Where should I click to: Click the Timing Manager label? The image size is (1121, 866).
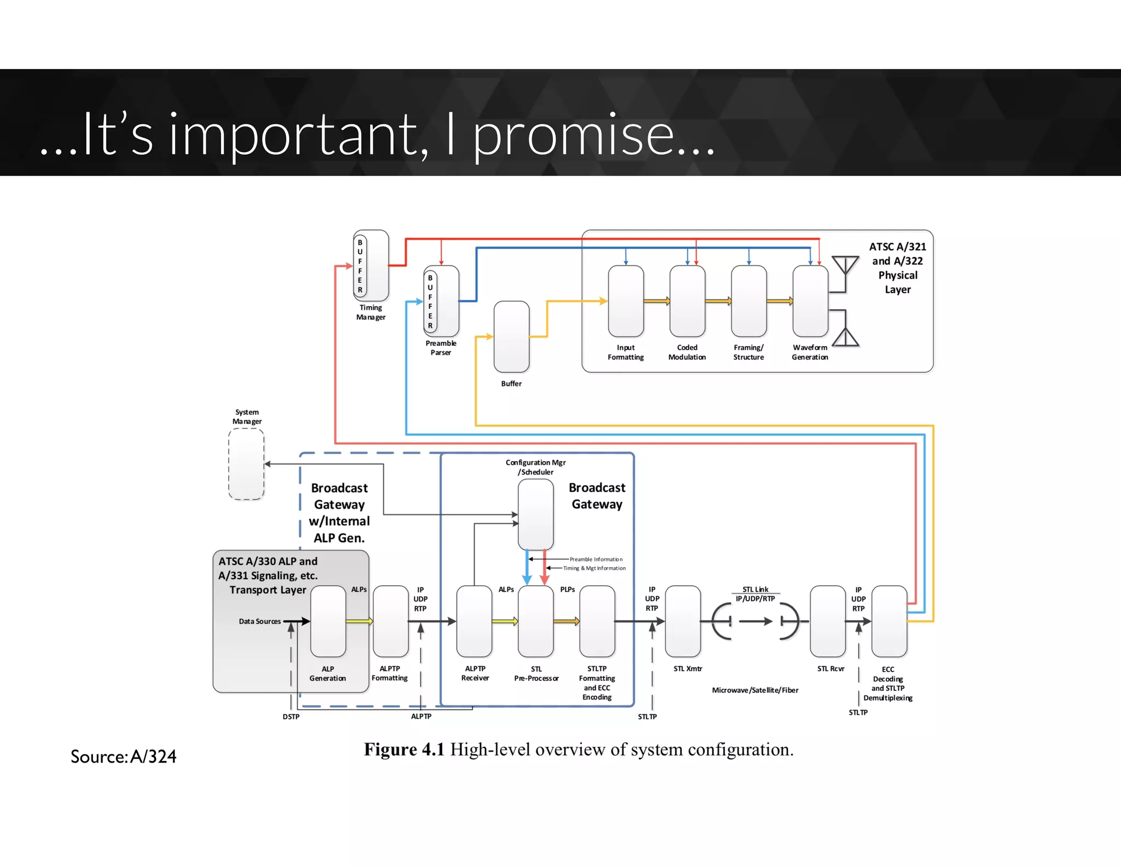pos(371,312)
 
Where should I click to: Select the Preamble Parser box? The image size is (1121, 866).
pos(441,301)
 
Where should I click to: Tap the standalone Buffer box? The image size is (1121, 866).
pos(511,337)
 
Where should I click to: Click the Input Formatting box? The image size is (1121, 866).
pos(626,301)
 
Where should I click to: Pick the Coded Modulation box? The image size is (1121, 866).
pos(687,301)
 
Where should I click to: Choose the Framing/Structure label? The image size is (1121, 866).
pos(748,352)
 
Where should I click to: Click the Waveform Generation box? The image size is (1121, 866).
pos(810,301)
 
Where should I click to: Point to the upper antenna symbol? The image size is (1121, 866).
pos(845,266)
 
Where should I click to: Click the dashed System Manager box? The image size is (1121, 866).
pos(246,464)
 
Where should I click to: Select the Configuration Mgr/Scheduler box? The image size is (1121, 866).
pos(535,515)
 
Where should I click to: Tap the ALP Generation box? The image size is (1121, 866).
pos(328,621)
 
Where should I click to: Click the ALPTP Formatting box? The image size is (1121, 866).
pos(390,621)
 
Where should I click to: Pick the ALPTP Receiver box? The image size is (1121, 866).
pos(474,621)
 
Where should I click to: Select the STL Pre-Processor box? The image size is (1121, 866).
pos(535,621)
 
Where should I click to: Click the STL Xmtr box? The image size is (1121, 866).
pos(683,621)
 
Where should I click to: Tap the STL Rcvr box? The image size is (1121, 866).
pos(828,621)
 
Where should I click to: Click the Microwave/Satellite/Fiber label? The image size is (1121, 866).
pos(755,690)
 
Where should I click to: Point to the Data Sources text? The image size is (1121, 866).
pos(259,621)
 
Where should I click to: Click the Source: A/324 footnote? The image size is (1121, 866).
pos(124,757)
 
